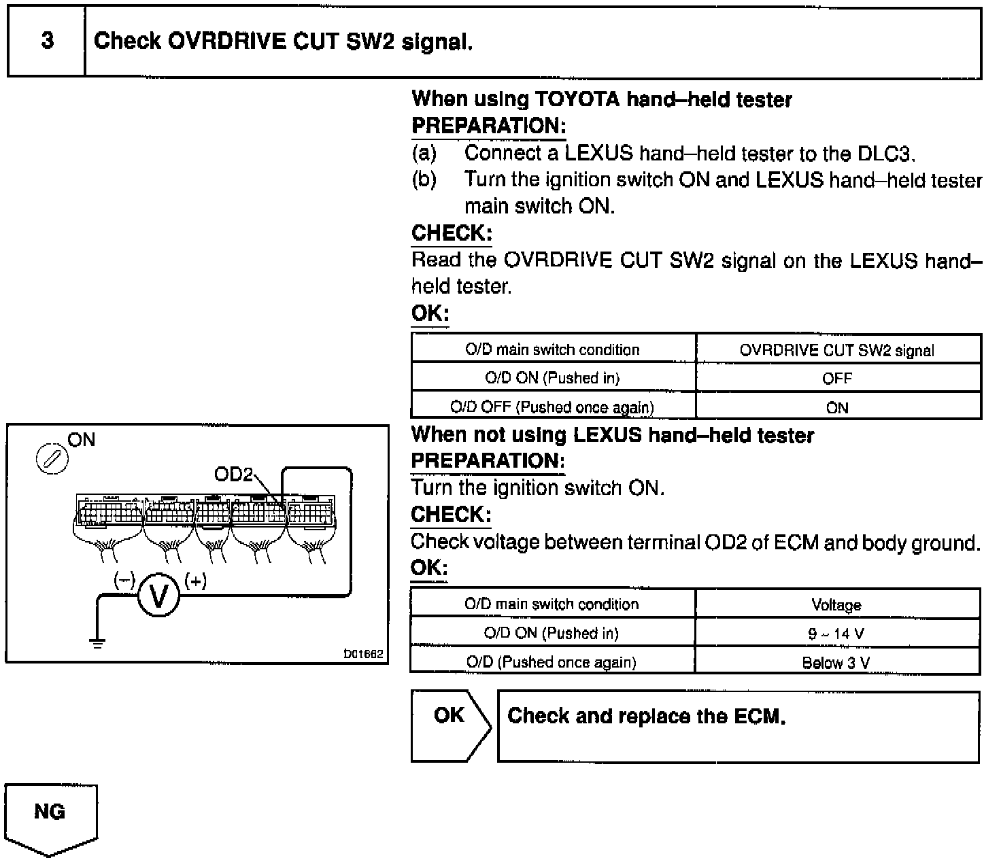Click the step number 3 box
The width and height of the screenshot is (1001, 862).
tap(46, 41)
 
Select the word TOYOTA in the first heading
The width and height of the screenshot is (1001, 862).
tap(578, 100)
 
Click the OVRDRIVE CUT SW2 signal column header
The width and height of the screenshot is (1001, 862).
tap(837, 350)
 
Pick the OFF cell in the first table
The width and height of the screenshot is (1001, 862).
tap(837, 379)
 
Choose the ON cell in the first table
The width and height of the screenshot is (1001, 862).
tap(837, 408)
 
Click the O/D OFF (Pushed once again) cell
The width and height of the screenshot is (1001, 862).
tap(552, 407)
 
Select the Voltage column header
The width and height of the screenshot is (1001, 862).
tap(836, 605)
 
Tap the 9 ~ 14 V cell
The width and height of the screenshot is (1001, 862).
tap(836, 634)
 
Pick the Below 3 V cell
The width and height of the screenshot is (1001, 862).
tap(836, 663)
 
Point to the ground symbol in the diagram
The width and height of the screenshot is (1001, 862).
tap(99, 642)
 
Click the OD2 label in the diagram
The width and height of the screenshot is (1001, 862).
tap(233, 475)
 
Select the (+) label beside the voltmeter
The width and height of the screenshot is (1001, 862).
tap(196, 581)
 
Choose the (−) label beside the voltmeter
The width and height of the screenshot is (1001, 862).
tap(124, 581)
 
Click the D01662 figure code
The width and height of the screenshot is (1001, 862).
tap(364, 654)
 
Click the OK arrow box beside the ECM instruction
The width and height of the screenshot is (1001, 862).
tap(449, 725)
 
